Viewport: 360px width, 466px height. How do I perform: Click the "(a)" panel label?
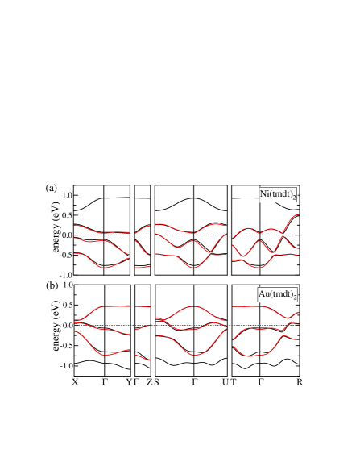tap(52, 188)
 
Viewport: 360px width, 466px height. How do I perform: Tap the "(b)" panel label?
tap(52, 285)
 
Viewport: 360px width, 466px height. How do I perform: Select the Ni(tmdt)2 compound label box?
tap(278, 194)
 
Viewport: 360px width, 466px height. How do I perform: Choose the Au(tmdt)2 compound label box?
tap(278, 294)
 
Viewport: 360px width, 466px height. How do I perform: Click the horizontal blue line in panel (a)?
tap(185, 235)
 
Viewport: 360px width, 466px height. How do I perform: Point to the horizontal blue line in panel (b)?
tap(185, 326)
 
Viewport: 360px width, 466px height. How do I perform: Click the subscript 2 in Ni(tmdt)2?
tap(294, 198)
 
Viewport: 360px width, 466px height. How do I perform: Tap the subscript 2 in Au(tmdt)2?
tap(295, 297)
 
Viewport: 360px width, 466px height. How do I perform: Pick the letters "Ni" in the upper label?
tap(265, 194)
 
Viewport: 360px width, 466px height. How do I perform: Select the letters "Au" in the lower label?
tap(263, 294)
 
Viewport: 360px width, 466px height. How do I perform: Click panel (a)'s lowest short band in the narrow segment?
tap(142, 267)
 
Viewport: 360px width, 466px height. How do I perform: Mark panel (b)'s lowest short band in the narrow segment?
tap(143, 357)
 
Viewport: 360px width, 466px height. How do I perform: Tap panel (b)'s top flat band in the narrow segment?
tap(143, 306)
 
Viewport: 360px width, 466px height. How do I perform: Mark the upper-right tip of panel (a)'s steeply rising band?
tap(297, 214)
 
